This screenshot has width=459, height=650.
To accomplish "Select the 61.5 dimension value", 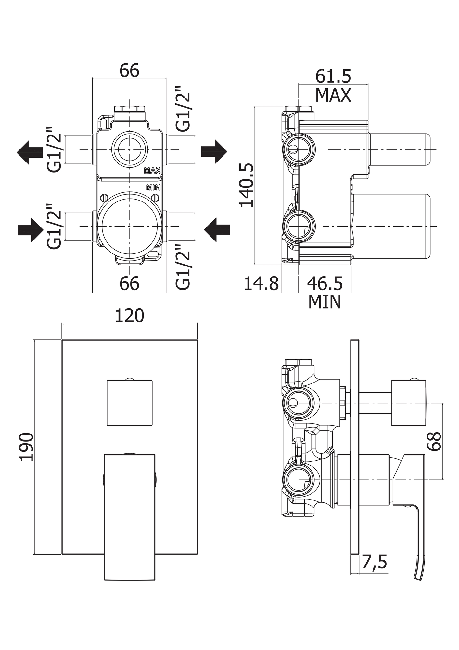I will coord(333,77).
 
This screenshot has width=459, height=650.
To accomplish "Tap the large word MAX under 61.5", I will coord(333,96).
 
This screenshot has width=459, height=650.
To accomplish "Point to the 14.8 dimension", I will coord(261,283).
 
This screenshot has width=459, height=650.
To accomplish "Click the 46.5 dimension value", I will coord(325,283).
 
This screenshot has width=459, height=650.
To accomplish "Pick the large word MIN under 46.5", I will coord(325,302).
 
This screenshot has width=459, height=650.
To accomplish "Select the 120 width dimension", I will coord(129,316).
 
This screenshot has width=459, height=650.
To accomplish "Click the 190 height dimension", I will coord(27,447).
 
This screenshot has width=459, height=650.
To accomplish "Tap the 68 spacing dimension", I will coord(435,441).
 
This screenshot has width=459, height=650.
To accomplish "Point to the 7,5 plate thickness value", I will coord(374,562).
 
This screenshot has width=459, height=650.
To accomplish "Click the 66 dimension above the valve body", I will coord(129,71).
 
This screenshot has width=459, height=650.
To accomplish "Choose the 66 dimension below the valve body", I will coord(129,284).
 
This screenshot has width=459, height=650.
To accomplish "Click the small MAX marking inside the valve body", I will coord(152,171).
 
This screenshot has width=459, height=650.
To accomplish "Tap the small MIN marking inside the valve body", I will coord(153,188).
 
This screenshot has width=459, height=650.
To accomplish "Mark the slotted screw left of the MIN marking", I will coord(104,198).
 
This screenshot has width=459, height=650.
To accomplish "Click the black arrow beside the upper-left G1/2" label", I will coord(30,152).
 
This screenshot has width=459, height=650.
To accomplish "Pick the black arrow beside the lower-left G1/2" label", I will coord(30,230).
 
